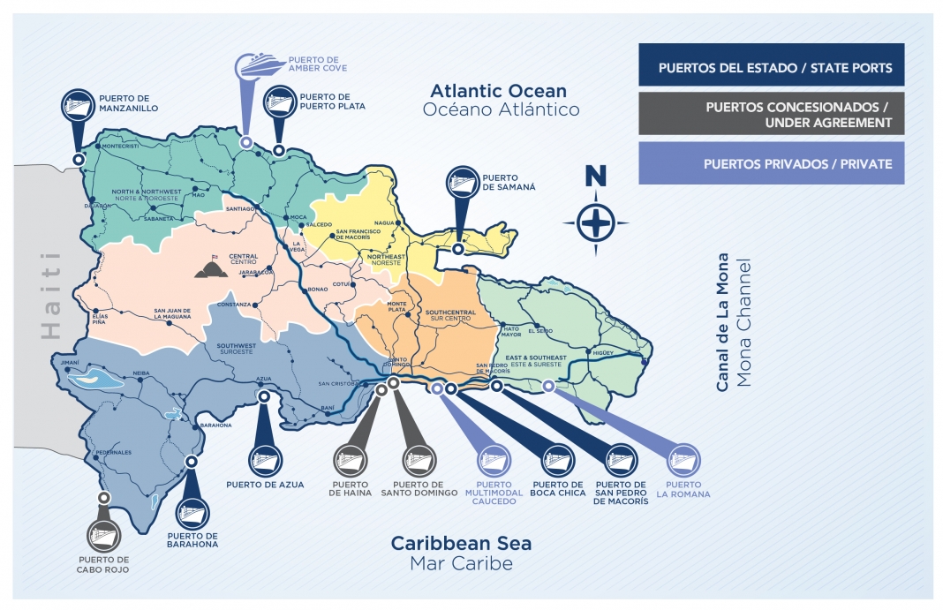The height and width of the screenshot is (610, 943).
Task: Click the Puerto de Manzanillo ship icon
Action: point(78,104)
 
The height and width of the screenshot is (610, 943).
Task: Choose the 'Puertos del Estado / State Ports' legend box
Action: point(771,68)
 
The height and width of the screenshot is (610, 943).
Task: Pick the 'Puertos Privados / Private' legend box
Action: point(771,163)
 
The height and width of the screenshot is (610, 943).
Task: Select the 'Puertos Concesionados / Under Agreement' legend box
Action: point(771,115)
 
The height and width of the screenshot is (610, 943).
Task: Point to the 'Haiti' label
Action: point(51,294)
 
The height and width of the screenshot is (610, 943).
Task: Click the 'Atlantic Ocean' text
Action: point(498,91)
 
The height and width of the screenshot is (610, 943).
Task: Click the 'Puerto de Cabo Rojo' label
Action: point(103,565)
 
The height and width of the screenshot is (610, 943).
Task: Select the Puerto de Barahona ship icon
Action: point(192,513)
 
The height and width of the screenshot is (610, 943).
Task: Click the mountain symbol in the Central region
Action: point(211,267)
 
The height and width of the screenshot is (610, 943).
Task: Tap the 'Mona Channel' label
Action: point(746,324)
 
